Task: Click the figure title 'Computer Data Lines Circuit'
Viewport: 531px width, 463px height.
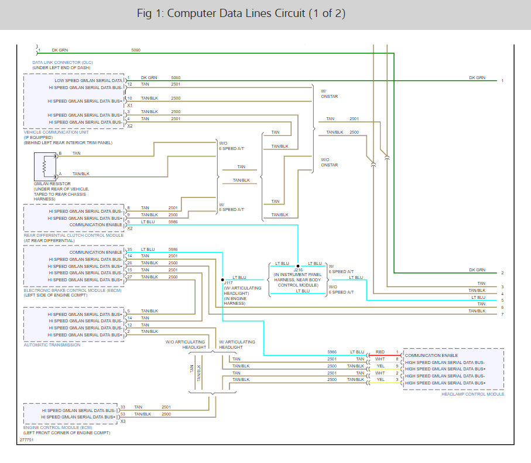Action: [x=236, y=13]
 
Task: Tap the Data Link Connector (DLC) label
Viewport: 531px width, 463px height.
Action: [x=62, y=62]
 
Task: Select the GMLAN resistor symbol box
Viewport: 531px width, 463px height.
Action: [x=45, y=166]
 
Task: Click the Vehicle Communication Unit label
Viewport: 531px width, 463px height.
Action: [x=56, y=132]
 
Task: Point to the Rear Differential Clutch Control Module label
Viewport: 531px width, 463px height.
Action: [x=74, y=235]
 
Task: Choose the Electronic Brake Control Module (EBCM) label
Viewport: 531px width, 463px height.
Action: [x=73, y=291]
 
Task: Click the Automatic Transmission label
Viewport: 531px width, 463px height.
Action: [x=52, y=345]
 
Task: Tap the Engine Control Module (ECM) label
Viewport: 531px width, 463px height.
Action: [x=57, y=428]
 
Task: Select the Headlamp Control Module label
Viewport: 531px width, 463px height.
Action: [x=473, y=394]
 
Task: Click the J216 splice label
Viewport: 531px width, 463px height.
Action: [x=298, y=270]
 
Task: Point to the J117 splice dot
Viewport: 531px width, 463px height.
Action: [x=222, y=280]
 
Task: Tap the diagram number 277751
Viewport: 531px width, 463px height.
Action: [x=26, y=440]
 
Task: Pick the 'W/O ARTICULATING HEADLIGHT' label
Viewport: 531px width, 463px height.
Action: [x=186, y=345]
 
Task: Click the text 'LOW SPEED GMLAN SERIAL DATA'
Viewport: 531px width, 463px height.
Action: [x=88, y=81]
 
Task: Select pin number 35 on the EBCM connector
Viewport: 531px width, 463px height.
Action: [x=129, y=250]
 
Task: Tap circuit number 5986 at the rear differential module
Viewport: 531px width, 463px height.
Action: [x=173, y=222]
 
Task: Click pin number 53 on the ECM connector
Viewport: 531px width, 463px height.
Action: [x=122, y=414]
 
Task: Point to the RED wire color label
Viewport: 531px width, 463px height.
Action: [x=381, y=352]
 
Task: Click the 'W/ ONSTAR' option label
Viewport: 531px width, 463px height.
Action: [x=329, y=94]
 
